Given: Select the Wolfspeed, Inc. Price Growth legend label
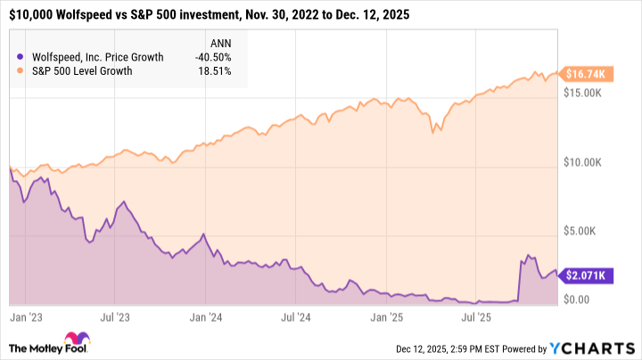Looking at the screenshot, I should [x=95, y=57].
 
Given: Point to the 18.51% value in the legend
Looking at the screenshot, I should [x=218, y=71].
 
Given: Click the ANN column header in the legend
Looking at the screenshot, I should [x=219, y=42].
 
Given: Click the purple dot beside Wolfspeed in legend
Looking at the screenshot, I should [x=20, y=57].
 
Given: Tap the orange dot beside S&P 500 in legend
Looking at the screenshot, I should [x=20, y=71].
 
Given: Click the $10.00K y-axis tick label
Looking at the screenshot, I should [x=588, y=163].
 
